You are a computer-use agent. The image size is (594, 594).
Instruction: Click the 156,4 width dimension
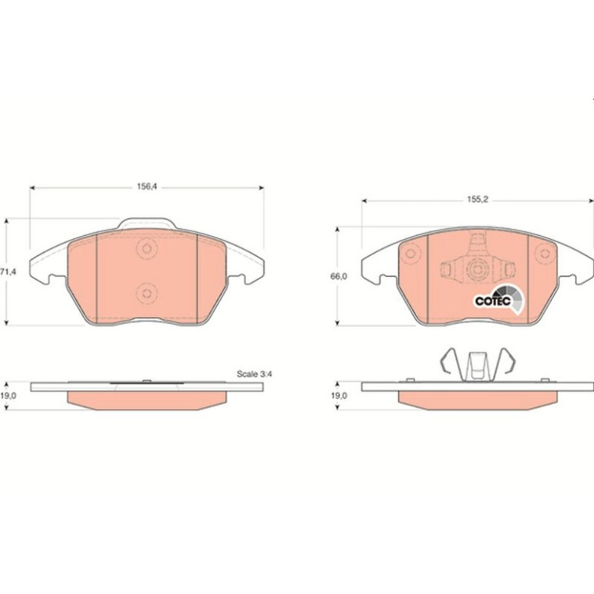point(147,187)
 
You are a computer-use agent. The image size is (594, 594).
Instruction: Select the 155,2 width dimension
point(478,200)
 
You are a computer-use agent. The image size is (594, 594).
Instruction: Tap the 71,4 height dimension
point(8,272)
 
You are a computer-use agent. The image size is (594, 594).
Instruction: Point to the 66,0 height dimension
point(339,276)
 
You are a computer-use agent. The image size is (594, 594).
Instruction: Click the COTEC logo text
point(493,301)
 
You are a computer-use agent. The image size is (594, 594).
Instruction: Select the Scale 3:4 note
point(255,374)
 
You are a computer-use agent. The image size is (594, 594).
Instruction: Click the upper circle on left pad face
point(147,248)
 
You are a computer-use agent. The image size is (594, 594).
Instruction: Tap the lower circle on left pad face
point(147,293)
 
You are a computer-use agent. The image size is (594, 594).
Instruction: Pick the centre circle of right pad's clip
point(478,269)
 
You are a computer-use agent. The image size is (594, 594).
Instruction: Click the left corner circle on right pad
point(410,253)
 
